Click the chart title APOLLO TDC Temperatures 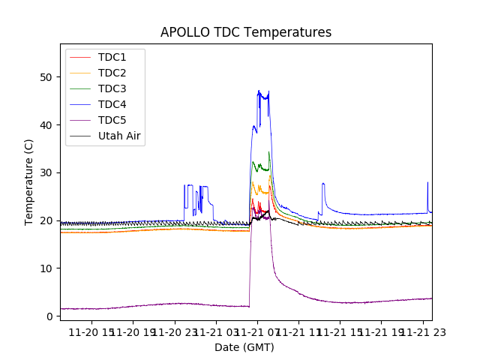[x=245, y=32]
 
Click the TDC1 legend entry [x=112, y=57]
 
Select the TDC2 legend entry [x=112, y=73]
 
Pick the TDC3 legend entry [x=112, y=88]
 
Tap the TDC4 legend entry [x=112, y=104]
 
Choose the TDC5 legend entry [x=112, y=120]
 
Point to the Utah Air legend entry [x=119, y=136]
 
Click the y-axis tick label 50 [x=46, y=77]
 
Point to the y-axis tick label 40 [x=46, y=124]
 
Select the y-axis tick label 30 [x=46, y=172]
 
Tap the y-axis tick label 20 [x=46, y=220]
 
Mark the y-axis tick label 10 [x=46, y=268]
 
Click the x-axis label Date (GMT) [x=244, y=347]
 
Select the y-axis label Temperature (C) [x=29, y=181]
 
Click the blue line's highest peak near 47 [x=259, y=91]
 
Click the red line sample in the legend [x=79, y=57]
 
